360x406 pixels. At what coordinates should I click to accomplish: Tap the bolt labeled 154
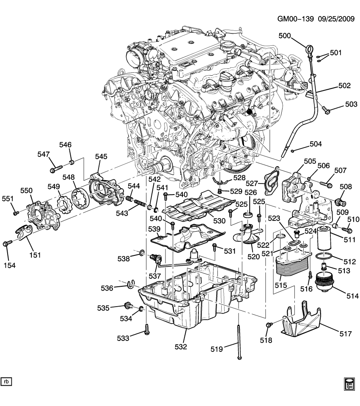(x=7, y=244)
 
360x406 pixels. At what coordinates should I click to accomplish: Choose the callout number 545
(x=101, y=156)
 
